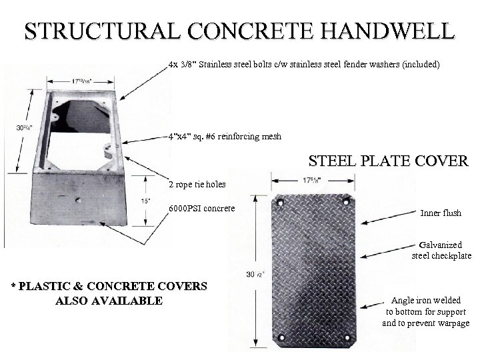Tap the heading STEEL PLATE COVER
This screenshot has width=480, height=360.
(389, 161)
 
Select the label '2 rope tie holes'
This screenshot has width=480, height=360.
(197, 184)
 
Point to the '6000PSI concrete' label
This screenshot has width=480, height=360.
(201, 209)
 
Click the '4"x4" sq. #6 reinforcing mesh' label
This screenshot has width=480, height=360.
(225, 137)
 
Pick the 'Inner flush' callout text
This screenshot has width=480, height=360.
(441, 213)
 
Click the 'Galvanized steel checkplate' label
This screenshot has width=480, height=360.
(441, 250)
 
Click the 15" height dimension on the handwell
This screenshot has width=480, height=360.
(145, 200)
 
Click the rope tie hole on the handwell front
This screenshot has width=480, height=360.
(78, 199)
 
